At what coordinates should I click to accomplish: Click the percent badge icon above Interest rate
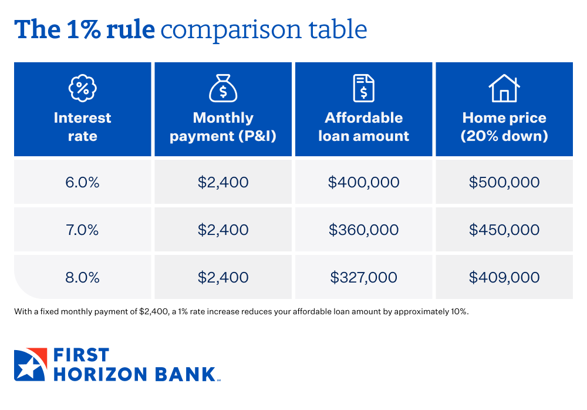click(82, 88)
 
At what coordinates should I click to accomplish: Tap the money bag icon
click(223, 88)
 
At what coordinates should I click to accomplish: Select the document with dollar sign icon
click(363, 88)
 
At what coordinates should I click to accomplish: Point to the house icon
click(504, 88)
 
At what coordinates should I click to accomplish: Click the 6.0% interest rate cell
click(82, 182)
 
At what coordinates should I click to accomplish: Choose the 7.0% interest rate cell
click(82, 230)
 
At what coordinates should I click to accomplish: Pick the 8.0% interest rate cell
click(82, 277)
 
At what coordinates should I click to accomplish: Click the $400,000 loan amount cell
click(363, 182)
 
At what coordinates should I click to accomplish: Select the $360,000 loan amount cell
click(363, 230)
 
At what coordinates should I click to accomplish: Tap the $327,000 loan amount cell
click(363, 277)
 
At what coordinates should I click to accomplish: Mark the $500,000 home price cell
click(504, 182)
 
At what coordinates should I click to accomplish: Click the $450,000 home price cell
click(504, 230)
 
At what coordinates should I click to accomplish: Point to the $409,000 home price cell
click(504, 277)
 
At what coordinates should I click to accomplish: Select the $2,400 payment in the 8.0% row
click(223, 277)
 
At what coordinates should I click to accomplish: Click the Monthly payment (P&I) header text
click(223, 127)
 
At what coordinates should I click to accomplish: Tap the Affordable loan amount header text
click(363, 127)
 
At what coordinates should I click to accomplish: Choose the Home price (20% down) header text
click(504, 127)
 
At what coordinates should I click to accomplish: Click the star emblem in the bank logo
click(29, 365)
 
